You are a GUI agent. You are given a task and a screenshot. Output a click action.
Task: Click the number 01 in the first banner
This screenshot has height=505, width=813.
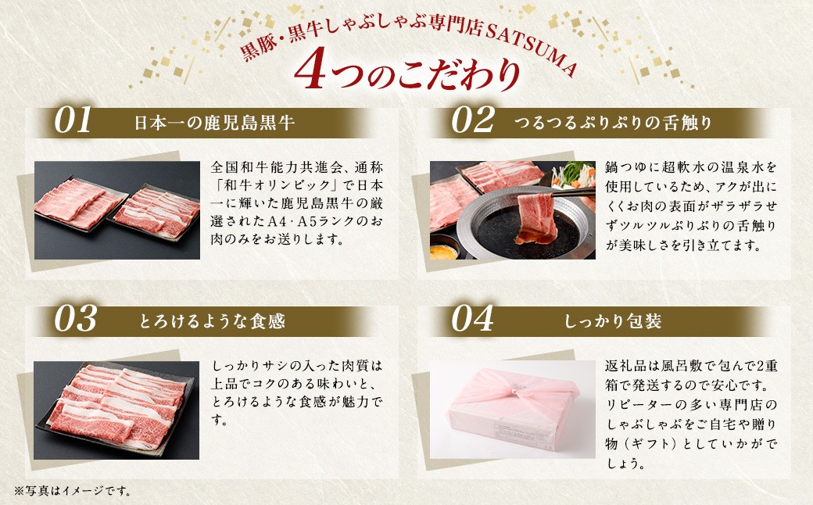[x=73, y=120]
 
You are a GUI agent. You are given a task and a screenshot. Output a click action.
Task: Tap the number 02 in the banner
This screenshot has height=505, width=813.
[x=472, y=120]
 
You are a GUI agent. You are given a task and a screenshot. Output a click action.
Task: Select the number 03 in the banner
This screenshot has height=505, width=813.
[x=75, y=318]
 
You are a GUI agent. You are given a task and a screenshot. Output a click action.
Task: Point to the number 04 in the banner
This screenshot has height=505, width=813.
[x=472, y=318]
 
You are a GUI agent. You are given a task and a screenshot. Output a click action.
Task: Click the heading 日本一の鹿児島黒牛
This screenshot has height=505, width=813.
[x=215, y=123]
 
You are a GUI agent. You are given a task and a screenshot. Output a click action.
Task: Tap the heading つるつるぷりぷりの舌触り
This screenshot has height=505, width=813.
[x=613, y=123]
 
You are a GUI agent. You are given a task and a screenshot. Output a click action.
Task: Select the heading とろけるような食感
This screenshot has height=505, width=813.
[x=212, y=321]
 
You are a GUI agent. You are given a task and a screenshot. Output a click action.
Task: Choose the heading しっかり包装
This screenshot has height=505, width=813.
[x=613, y=321]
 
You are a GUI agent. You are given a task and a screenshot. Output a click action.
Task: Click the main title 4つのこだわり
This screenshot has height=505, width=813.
[x=406, y=73]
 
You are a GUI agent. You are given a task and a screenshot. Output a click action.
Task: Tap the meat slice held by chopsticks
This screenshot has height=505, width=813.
[x=535, y=218]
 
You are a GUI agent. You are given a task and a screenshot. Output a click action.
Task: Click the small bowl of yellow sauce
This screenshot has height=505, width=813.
[x=443, y=251]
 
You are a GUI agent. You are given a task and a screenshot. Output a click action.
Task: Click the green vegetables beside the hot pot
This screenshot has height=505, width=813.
[x=573, y=175]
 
